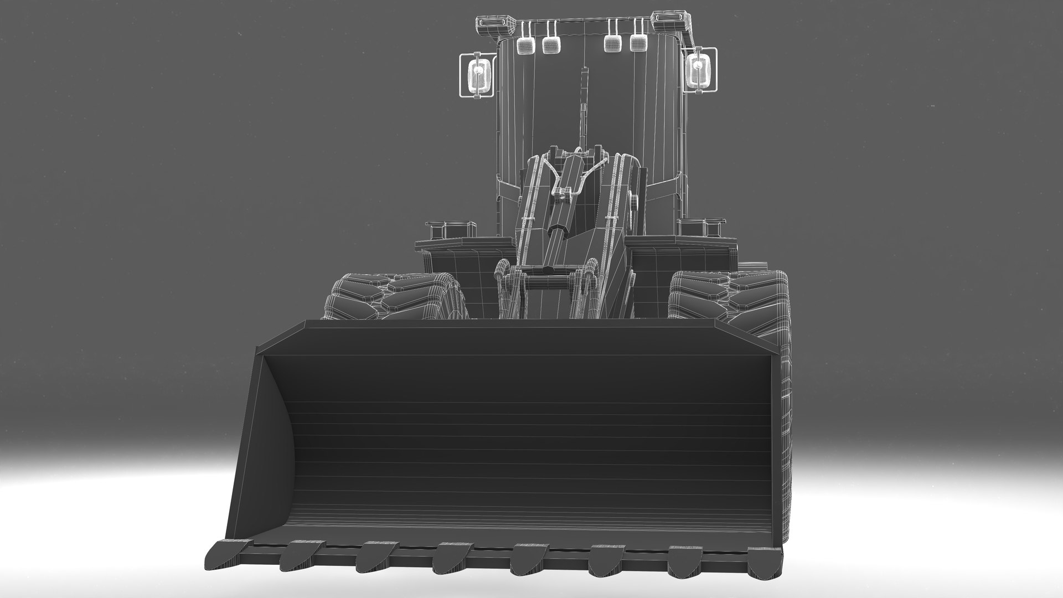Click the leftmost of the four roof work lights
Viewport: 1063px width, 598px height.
tap(523, 45)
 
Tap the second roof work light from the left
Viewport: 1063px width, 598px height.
tap(549, 45)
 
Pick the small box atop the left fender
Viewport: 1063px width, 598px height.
tap(451, 228)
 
